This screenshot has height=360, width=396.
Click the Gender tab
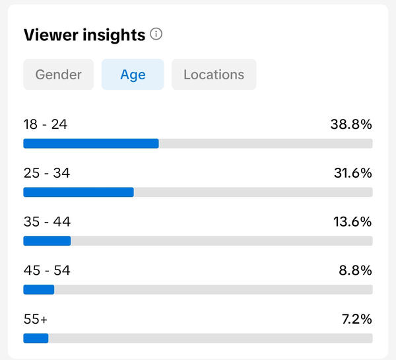click(59, 75)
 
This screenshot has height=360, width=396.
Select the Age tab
click(133, 75)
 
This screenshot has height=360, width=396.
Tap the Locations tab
click(214, 75)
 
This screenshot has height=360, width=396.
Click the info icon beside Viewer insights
click(156, 34)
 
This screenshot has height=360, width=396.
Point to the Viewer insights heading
click(84, 34)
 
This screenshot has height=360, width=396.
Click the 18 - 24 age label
click(46, 124)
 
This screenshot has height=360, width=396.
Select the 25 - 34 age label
click(47, 173)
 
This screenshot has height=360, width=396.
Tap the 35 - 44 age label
click(47, 222)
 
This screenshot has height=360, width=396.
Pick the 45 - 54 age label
click(47, 271)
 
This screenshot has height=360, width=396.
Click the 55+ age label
click(36, 319)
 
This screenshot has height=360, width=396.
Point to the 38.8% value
click(351, 124)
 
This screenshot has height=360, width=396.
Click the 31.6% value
click(353, 173)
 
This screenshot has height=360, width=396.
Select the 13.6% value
click(352, 222)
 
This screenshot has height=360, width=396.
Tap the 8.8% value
click(355, 271)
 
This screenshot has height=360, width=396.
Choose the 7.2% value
click(357, 319)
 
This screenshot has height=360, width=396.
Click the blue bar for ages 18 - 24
click(91, 143)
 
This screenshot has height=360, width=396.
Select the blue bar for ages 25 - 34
click(79, 192)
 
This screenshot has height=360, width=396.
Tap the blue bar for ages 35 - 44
click(48, 241)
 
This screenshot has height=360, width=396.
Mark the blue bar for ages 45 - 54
click(39, 289)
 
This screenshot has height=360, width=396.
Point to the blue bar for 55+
click(36, 338)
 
